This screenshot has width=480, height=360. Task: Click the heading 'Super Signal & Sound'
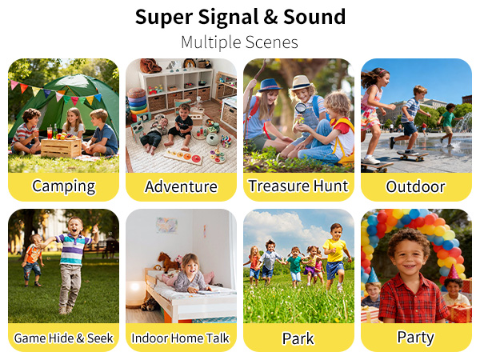click(240, 17)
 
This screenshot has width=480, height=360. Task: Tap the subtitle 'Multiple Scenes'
click(240, 42)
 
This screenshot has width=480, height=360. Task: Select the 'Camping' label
click(63, 187)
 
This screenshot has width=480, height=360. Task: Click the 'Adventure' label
click(181, 187)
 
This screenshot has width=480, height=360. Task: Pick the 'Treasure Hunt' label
click(298, 187)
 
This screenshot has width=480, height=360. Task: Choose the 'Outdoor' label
click(415, 187)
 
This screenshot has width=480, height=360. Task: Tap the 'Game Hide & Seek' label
click(63, 338)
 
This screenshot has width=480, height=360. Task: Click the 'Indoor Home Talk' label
click(181, 338)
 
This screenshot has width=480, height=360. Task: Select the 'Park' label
click(298, 338)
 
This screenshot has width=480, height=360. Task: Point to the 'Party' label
click(415, 337)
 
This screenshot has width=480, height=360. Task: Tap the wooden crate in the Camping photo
click(62, 148)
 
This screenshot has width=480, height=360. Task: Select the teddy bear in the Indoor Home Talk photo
click(169, 262)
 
